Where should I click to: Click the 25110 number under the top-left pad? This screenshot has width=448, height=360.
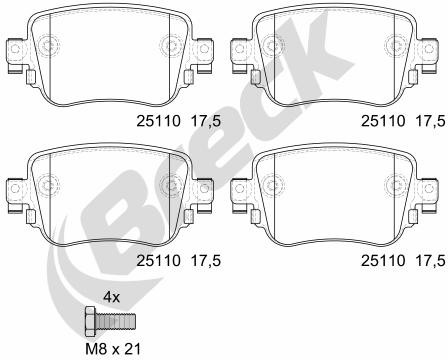click(158, 121)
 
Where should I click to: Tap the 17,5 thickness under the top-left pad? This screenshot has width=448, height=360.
click(206, 122)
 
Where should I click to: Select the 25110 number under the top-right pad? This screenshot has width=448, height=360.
click(383, 121)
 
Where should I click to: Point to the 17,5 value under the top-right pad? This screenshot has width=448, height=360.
click(430, 122)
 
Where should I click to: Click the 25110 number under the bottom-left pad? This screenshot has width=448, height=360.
click(158, 260)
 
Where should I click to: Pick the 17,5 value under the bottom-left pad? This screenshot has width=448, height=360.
click(206, 261)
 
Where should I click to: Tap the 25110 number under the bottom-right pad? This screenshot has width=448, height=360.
click(383, 260)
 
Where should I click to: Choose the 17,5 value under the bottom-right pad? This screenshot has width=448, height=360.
click(430, 261)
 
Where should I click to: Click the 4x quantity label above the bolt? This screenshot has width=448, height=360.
click(111, 297)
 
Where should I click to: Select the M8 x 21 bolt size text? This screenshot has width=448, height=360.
click(113, 349)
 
